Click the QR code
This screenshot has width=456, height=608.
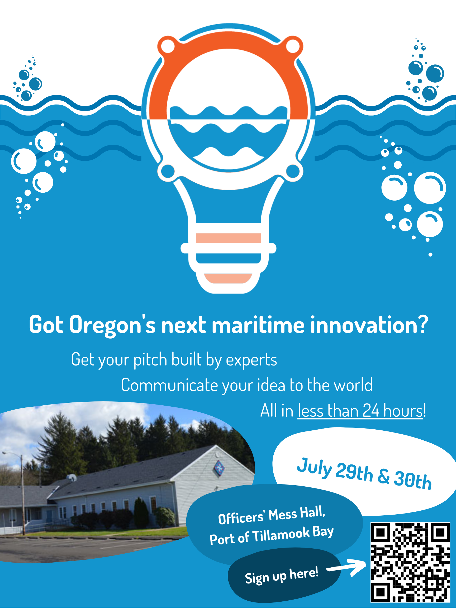(410, 562)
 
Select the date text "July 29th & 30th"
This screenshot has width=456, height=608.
(364, 474)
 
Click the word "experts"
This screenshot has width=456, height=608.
(251, 360)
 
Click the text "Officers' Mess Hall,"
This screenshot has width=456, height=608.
(272, 515)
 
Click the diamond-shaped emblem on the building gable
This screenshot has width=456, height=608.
(219, 468)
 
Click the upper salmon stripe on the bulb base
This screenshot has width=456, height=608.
(228, 238)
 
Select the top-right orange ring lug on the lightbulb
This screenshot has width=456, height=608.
(293, 46)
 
